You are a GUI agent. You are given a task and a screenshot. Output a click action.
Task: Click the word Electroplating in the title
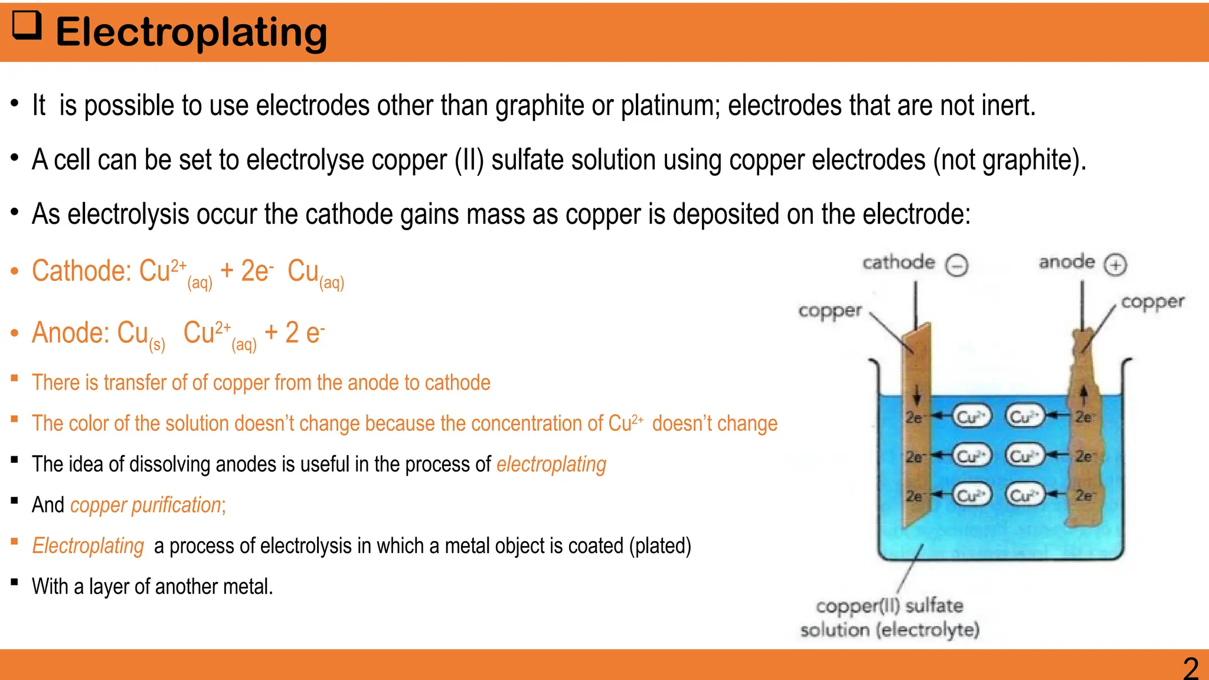tap(191, 32)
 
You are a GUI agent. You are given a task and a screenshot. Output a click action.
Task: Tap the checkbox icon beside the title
tap(27, 25)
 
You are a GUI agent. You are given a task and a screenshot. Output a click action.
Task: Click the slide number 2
tap(1191, 669)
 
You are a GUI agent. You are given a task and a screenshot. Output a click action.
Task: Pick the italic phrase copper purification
tap(146, 505)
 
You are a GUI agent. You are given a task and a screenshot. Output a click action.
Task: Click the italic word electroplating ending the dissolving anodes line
tap(551, 465)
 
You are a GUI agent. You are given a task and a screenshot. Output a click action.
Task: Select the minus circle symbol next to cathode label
tap(957, 265)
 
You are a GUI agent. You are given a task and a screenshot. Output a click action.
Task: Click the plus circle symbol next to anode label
tap(1115, 264)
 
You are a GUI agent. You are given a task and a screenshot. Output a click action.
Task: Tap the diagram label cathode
tap(898, 263)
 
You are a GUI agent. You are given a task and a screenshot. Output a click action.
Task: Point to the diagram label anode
tap(1067, 261)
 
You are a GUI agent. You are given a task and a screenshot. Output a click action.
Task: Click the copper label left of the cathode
tap(830, 310)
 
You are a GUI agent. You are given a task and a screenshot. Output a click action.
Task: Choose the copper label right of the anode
tap(1152, 302)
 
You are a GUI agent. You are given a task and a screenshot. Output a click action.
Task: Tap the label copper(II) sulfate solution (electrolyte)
tap(890, 617)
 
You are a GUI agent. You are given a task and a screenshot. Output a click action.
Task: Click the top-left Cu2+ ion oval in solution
tap(971, 417)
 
